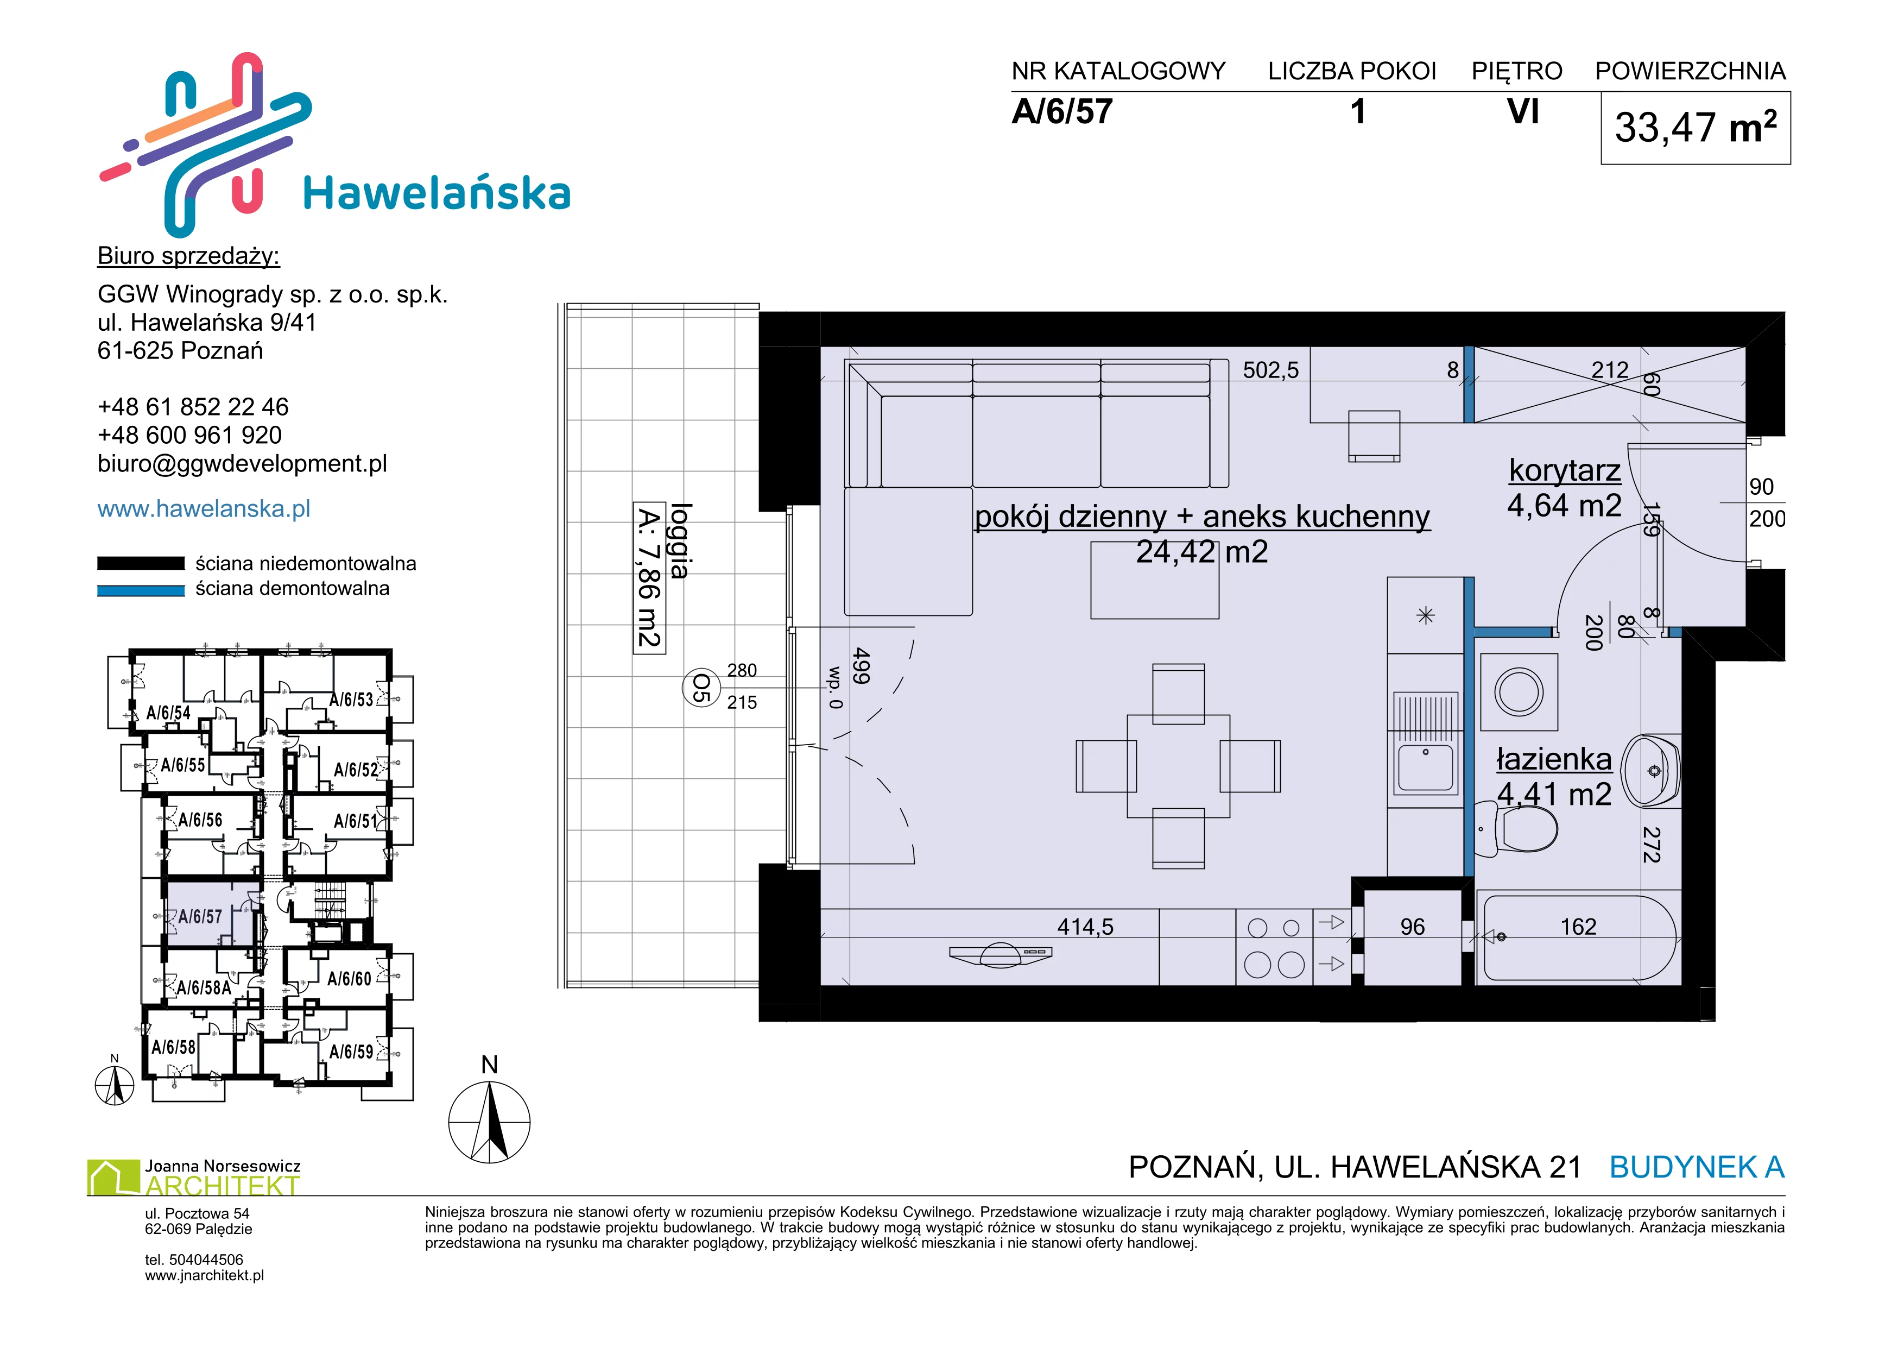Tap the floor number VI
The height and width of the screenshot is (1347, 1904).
coord(1523,111)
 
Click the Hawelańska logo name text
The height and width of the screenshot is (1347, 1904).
coord(437,193)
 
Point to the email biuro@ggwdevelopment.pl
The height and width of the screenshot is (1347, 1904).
coord(242,464)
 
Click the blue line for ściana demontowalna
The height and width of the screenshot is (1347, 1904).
coord(141,590)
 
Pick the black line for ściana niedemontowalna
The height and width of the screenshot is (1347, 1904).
coord(141,563)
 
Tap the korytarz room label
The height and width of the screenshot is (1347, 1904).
coord(1564,470)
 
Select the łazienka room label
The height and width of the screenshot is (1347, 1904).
coord(1554,759)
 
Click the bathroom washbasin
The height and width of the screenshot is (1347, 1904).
coord(1650,771)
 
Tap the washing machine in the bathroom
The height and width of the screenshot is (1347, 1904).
coord(1519,692)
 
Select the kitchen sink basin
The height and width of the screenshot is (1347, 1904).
coord(1426,767)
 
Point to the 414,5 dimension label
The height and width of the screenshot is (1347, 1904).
coord(1085,927)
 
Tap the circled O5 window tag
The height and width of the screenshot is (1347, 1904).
coord(701,688)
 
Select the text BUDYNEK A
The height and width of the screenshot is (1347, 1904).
coord(1697,1167)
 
